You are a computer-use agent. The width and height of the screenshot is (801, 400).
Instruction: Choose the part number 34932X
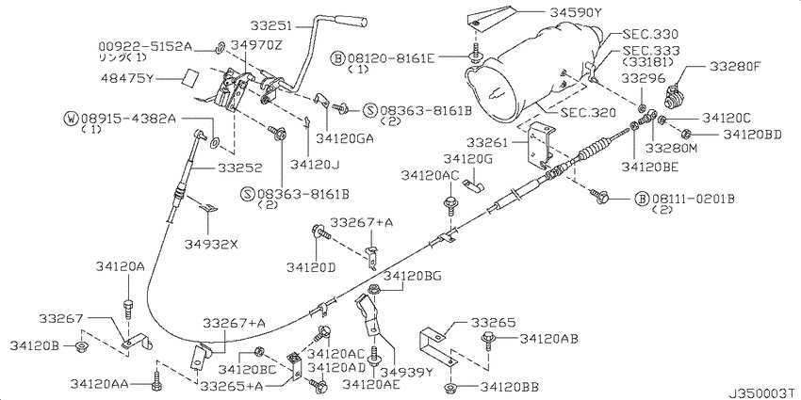[211, 244]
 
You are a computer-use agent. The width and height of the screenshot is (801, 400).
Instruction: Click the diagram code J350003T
[759, 391]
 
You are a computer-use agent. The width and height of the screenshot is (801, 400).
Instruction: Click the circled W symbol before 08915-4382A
[71, 119]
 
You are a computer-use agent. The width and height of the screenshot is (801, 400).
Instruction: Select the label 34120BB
[510, 386]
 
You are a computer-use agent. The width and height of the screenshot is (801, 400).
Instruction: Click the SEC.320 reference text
[589, 112]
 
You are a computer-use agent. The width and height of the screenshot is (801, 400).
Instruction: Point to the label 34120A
[120, 267]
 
